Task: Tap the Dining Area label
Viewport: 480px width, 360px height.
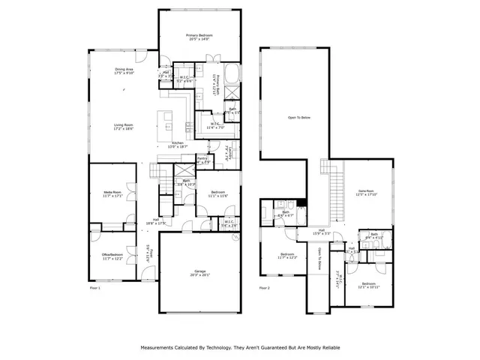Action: pos(124,71)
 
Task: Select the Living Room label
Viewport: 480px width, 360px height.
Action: pos(124,127)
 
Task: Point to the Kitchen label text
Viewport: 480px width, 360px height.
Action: pos(178,145)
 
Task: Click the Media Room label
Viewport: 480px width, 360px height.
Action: pos(112,195)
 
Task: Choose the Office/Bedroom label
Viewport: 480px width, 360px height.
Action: pos(112,257)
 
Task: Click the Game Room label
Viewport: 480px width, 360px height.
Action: pos(365,193)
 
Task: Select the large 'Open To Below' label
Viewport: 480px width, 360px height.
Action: pos(298,118)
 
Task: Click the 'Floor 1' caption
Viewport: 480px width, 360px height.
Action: pos(94,288)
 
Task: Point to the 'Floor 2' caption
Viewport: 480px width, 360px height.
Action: pos(265,288)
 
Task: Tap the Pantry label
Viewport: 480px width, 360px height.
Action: pos(202,160)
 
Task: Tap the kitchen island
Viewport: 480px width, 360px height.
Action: pos(166,119)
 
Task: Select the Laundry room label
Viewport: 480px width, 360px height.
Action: pos(229,157)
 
